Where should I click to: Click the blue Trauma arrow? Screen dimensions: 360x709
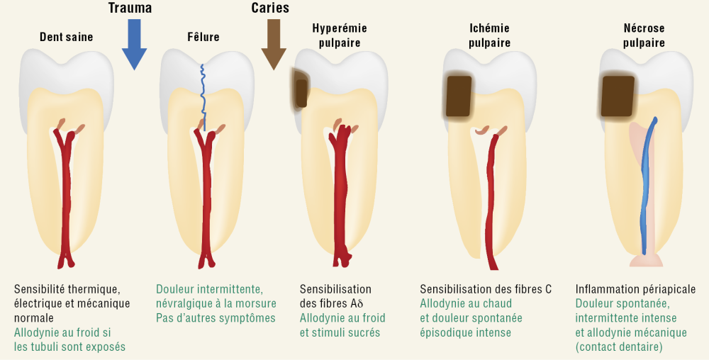tap(134, 46)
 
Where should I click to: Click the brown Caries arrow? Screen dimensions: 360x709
tap(273, 46)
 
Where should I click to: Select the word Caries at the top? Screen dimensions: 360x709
tap(269, 9)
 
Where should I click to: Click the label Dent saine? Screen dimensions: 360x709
tap(66, 37)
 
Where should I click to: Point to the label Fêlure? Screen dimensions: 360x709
tap(203, 37)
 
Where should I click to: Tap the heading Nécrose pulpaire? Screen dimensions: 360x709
tap(643, 35)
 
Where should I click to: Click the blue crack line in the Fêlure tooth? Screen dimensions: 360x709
tap(203, 96)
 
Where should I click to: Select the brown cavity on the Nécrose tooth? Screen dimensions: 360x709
tap(617, 96)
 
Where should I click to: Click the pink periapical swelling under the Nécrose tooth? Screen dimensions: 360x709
tap(645, 260)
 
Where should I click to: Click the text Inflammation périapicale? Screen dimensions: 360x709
tap(635, 289)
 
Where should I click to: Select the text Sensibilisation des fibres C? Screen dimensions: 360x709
tap(486, 289)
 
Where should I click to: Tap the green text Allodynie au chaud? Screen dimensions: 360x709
tap(465, 304)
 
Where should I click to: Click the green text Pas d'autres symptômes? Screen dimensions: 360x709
tap(216, 318)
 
